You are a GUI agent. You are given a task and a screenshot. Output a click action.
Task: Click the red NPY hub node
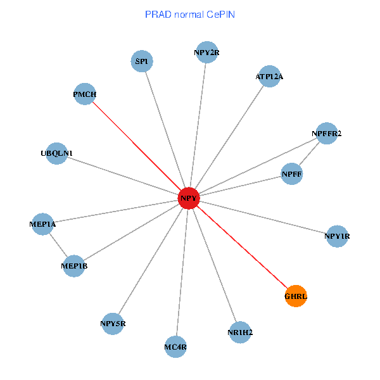coord(189,199)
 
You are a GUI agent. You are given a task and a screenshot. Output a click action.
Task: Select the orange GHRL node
coord(296,296)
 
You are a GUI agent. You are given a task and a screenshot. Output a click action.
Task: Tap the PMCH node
coord(85,95)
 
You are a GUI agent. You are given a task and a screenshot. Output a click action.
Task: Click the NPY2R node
coord(206,53)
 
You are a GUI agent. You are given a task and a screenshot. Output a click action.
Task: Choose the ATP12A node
coord(269,77)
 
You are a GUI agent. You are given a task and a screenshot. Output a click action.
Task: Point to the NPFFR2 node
coord(327,134)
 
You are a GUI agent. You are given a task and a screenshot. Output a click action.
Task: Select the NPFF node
coord(291,174)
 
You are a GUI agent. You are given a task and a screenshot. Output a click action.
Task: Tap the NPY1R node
coord(337,237)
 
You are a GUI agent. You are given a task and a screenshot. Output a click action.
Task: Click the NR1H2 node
coord(240,332)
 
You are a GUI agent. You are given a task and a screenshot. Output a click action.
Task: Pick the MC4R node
coord(175,346)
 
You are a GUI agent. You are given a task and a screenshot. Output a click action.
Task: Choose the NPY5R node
coord(113,324)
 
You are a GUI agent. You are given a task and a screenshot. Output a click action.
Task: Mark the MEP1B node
coord(74,266)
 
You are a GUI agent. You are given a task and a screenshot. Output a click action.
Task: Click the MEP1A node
coord(42,224)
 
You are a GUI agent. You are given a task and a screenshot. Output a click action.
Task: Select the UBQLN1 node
coord(57,153)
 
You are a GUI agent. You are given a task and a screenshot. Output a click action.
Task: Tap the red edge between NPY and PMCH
coord(137,147)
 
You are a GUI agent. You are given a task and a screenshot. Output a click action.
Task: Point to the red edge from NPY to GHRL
coord(243,248)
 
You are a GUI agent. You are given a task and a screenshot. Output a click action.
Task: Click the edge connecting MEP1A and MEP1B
coord(58,245)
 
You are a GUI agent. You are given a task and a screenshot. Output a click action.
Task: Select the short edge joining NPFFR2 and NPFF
coord(309,154)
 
